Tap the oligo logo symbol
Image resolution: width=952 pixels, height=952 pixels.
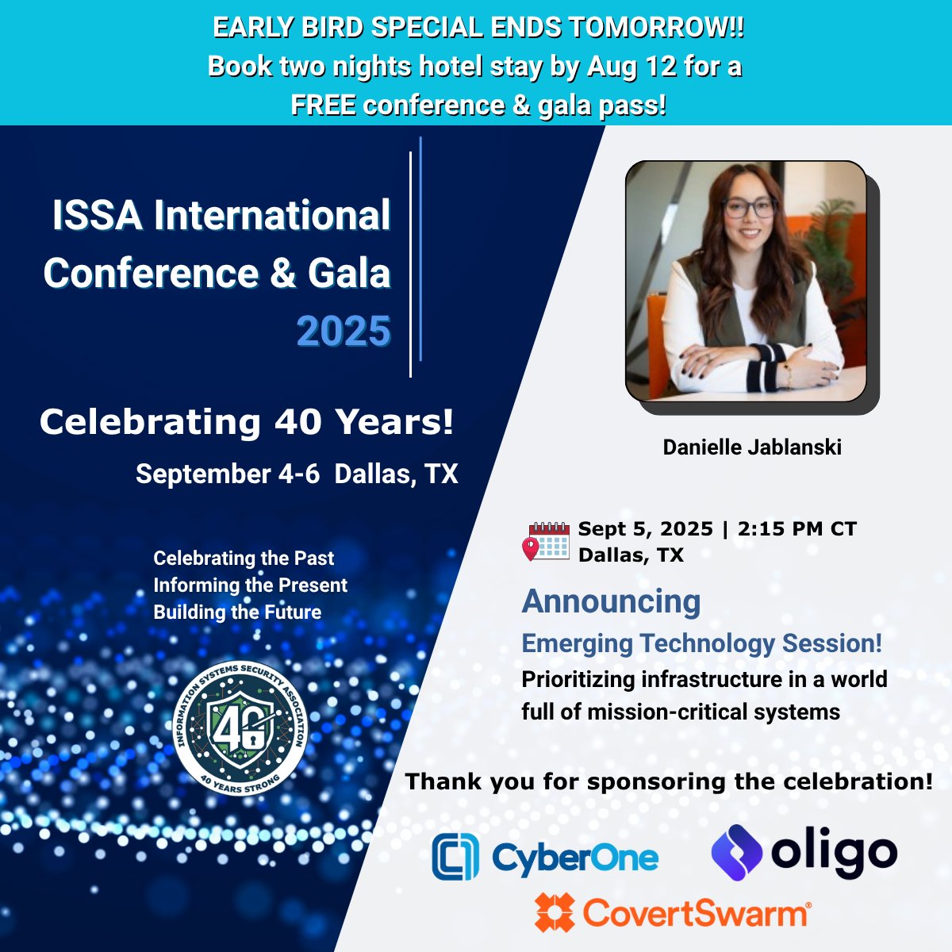(736, 852)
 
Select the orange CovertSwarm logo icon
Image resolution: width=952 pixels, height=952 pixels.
(554, 912)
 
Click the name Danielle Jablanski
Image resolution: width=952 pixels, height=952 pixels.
(752, 447)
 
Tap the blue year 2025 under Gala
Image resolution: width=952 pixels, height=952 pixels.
(344, 332)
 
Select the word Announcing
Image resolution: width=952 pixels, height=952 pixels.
(611, 601)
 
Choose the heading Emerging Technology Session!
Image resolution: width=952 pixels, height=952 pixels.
(701, 643)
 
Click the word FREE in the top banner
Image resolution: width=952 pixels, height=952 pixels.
(323, 106)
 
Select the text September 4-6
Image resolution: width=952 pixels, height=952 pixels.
(228, 474)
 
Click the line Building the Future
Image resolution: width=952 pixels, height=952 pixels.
(237, 612)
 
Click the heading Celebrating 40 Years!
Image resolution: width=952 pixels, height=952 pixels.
(247, 422)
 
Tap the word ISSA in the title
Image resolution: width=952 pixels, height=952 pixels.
(98, 216)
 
